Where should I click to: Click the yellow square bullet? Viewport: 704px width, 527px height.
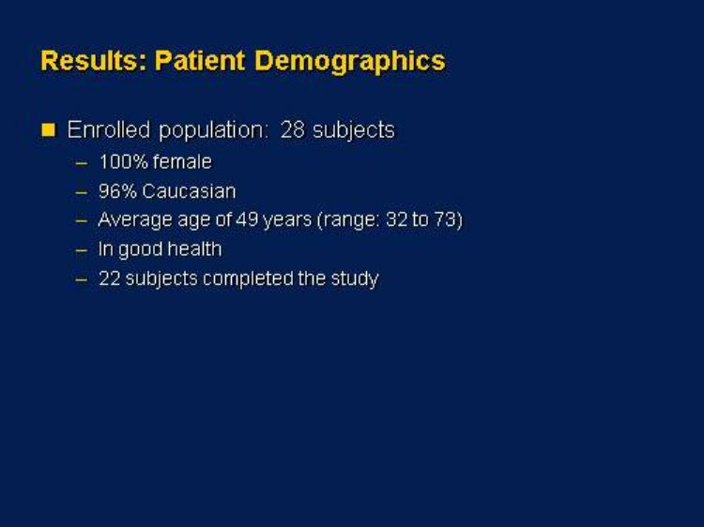(48, 130)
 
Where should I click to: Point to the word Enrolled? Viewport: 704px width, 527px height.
(109, 129)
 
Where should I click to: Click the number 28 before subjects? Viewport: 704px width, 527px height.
(293, 130)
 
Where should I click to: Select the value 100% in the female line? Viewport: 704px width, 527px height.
(124, 162)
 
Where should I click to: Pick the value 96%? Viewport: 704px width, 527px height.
(117, 191)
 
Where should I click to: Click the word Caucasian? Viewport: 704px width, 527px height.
(189, 191)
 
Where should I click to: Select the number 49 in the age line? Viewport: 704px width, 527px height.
(247, 219)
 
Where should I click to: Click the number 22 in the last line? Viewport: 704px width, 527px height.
(109, 279)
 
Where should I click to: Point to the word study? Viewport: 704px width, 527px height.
(355, 279)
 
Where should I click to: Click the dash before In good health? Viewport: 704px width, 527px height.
(82, 250)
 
